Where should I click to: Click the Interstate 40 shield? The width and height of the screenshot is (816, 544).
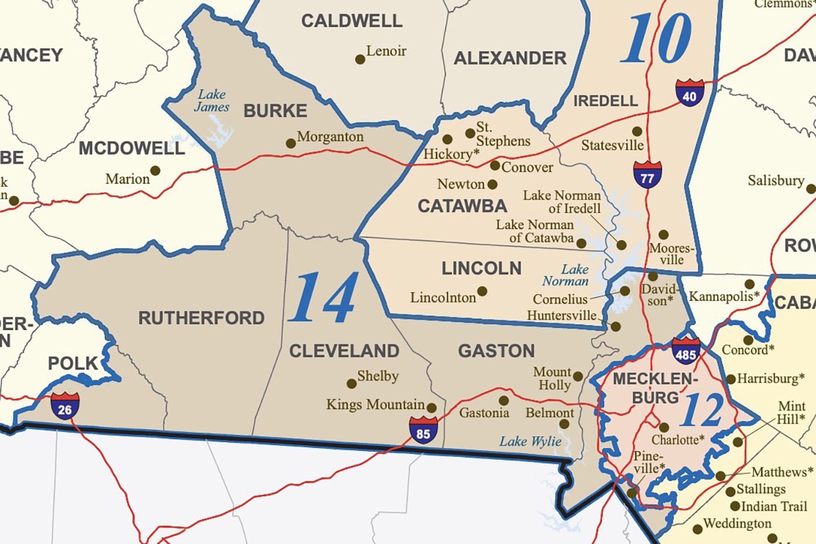point(690,93)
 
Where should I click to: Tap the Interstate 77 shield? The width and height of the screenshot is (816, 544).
point(648,174)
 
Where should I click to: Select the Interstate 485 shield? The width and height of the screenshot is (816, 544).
point(685,351)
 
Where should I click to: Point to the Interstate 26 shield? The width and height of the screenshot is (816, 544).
point(65,406)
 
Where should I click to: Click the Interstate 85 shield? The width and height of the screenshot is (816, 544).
point(423,430)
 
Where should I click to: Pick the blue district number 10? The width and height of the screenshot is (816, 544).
point(657,39)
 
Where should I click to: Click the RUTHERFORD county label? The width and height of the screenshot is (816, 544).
point(201,318)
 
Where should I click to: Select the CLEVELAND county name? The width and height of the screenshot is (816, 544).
point(344,351)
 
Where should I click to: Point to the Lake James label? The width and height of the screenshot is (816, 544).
point(212,100)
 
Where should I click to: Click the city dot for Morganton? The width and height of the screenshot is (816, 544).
point(291,143)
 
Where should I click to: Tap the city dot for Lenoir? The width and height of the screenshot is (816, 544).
point(360,59)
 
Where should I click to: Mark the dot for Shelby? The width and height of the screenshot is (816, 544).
point(351,384)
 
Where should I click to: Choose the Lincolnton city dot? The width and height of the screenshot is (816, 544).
point(482,291)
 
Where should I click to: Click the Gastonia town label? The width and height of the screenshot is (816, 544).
point(484,413)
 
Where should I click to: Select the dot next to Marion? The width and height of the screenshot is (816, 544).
point(155,171)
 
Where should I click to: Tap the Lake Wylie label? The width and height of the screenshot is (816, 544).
point(530,441)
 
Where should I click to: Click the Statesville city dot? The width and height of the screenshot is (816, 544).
point(637,132)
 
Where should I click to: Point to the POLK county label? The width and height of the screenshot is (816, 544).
point(73,363)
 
